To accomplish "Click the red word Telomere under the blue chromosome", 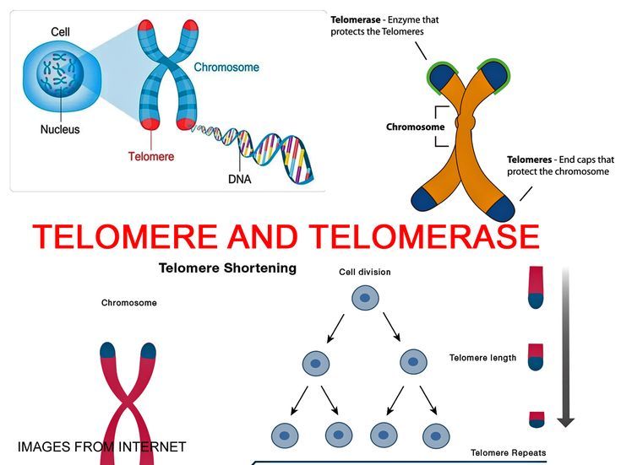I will click(x=151, y=156).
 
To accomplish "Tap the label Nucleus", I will click(x=60, y=130).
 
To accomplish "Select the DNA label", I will click(x=240, y=179).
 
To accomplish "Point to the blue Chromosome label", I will click(x=227, y=67).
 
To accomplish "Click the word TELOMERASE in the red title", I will click(x=424, y=237).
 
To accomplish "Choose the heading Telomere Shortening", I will click(x=228, y=268).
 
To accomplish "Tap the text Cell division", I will click(x=364, y=273).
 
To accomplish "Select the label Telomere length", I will click(x=482, y=358).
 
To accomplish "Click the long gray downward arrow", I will click(x=565, y=346).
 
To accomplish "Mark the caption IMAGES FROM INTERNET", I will click(x=101, y=446).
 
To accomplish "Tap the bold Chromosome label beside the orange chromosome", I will click(x=415, y=127).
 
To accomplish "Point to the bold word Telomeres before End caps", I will click(x=530, y=159).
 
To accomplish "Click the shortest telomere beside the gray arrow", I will click(x=537, y=418).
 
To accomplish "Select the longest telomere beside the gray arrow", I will click(x=537, y=288).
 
